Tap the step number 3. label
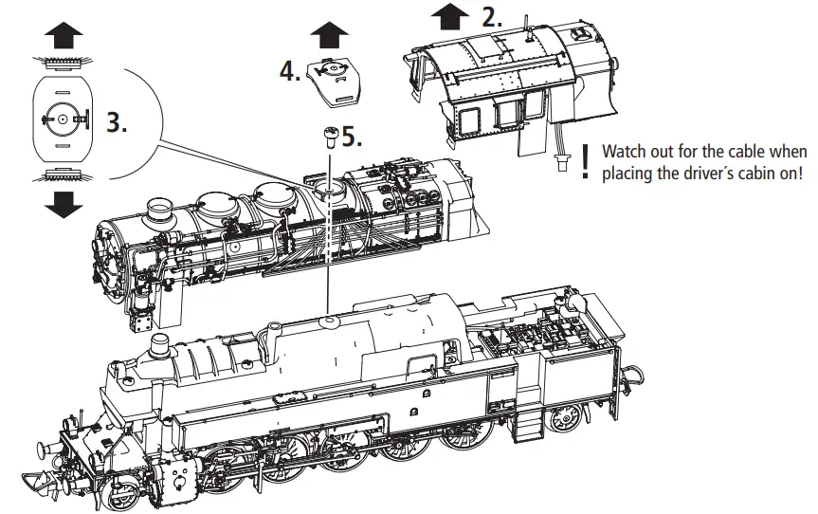(116, 123)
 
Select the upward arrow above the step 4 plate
(329, 34)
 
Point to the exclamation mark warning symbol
(587, 161)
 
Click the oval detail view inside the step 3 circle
(62, 119)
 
